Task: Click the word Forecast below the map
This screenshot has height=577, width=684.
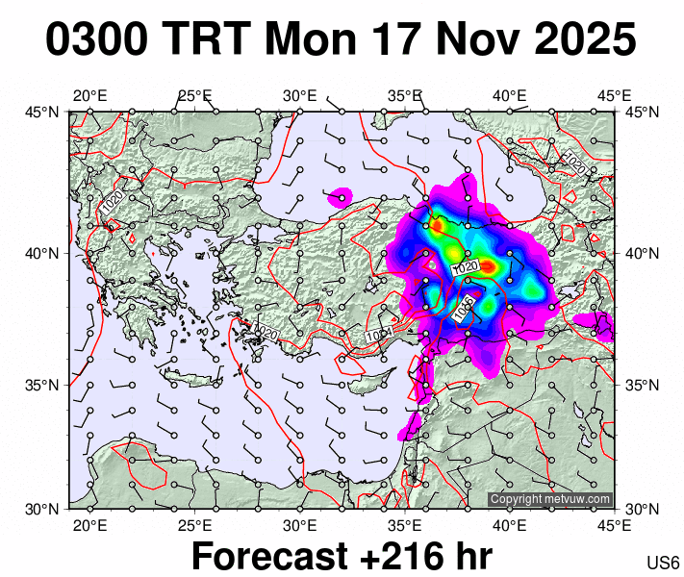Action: tap(269, 556)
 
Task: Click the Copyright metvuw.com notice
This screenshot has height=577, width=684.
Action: tap(549, 499)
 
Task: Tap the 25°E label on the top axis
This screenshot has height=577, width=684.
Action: tap(194, 95)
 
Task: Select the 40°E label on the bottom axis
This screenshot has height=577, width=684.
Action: tap(509, 525)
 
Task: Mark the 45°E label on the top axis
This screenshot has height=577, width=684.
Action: tap(614, 95)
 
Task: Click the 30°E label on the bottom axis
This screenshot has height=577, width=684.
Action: tap(299, 525)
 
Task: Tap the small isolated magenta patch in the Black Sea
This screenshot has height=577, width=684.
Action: tap(341, 197)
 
